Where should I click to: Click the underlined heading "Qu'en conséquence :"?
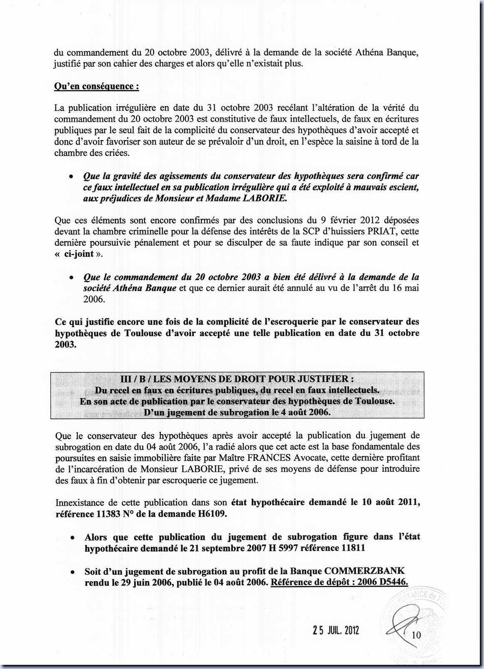96,86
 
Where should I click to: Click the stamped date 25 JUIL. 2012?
336,630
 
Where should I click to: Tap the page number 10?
416,635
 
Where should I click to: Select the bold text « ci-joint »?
78,253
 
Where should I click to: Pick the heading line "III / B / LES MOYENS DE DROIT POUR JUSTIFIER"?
237,379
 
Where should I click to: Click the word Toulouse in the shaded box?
373,401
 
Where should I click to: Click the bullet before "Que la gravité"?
72,177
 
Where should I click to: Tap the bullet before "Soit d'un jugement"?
72,572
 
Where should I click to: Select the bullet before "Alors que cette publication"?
72,538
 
